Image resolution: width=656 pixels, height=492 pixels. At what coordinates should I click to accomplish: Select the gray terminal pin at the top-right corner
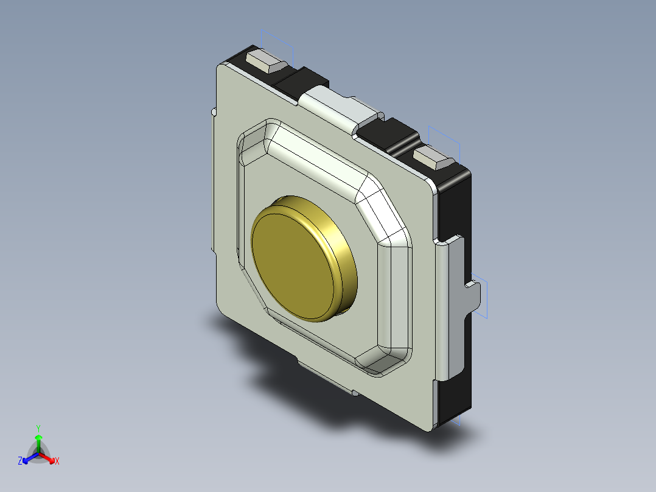(434, 158)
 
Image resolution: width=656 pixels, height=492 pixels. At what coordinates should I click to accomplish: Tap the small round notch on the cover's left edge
(213, 112)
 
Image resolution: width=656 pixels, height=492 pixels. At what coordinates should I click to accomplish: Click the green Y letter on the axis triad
(38, 428)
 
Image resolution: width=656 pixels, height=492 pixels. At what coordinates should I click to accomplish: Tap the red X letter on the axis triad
(57, 462)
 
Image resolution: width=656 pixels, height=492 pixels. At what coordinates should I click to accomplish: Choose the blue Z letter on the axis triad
(20, 462)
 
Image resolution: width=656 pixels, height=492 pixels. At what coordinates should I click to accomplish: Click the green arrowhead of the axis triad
(38, 438)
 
